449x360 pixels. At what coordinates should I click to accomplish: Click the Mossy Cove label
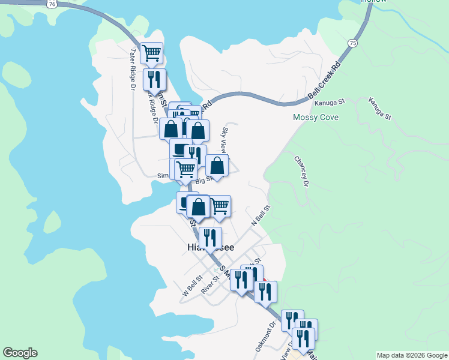point(315,117)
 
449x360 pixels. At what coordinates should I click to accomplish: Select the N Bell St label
point(261,214)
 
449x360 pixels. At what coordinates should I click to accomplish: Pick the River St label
point(211,283)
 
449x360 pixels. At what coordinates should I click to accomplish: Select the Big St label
point(204,179)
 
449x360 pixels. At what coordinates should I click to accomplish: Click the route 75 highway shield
point(352,43)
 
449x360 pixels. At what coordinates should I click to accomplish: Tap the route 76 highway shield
point(53,3)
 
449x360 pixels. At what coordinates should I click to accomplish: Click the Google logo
point(20,353)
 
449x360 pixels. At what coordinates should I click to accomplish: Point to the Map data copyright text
point(412,355)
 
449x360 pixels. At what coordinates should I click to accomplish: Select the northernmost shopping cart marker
point(152,52)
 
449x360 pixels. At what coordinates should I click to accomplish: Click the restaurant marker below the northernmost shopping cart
point(154,80)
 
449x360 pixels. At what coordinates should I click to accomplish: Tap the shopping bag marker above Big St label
point(217,164)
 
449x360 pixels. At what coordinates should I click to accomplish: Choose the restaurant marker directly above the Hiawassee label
point(209,236)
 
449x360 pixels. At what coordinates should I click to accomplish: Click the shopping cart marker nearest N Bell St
point(220,205)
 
